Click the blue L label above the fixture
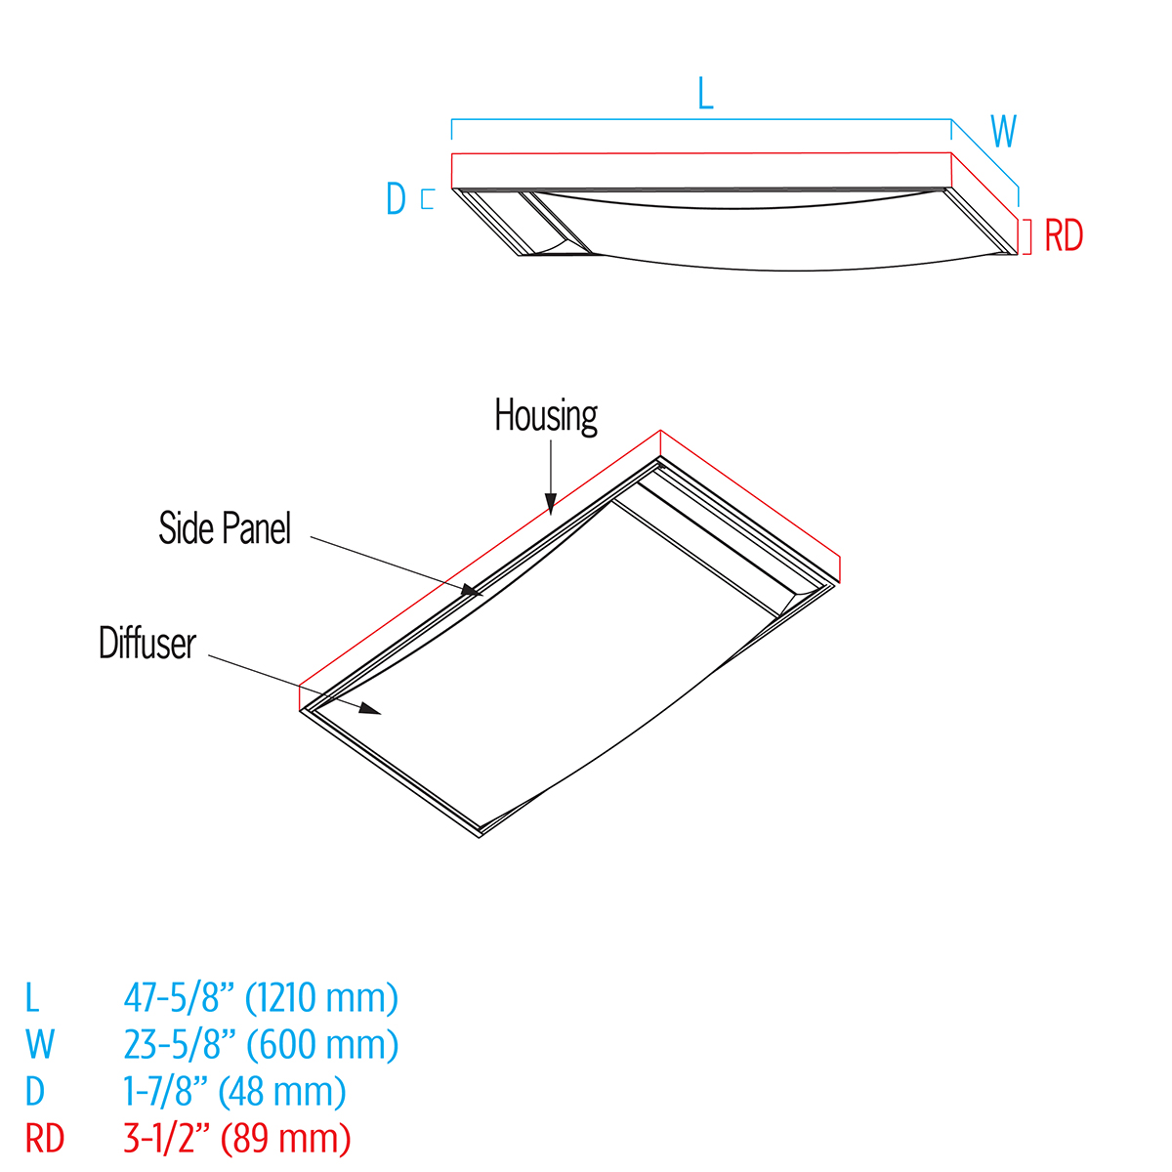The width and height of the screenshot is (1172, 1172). click(705, 93)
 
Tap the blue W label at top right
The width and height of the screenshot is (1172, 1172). click(1003, 131)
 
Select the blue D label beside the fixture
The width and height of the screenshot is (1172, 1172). click(396, 199)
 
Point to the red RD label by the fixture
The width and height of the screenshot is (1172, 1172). click(1064, 236)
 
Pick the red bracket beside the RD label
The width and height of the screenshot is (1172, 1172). click(1026, 235)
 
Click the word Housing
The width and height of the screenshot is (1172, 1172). click(546, 416)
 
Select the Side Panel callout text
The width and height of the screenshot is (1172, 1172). click(225, 528)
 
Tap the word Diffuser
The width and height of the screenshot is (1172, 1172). click(147, 644)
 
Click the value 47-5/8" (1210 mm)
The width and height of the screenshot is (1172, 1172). click(261, 998)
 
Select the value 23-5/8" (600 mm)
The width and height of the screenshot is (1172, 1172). click(261, 1044)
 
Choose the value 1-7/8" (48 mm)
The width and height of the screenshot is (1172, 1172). click(234, 1091)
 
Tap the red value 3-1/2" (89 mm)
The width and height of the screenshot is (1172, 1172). click(236, 1138)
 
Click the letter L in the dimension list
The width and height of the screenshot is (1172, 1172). click(32, 998)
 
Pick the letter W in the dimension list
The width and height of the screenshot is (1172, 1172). click(40, 1044)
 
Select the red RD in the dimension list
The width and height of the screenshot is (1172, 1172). click(45, 1138)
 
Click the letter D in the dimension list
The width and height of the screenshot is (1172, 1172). click(35, 1091)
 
